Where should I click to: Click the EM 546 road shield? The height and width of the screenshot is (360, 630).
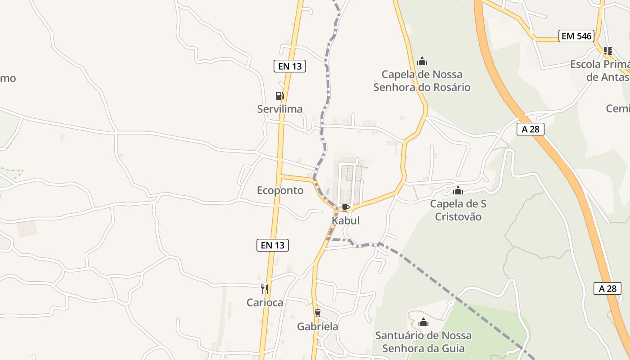coord(576,36)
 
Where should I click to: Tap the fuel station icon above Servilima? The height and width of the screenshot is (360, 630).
coord(279,96)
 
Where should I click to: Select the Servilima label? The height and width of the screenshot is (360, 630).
coord(280,109)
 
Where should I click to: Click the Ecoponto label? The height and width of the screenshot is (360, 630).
coord(280,190)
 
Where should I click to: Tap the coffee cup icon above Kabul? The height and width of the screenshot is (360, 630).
coord(345,207)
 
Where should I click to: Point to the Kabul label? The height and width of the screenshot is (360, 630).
coord(346,220)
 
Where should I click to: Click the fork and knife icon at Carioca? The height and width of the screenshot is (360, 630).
coord(265,289)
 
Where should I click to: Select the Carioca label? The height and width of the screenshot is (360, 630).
coord(265,302)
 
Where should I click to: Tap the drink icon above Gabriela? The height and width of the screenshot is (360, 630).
coord(318,313)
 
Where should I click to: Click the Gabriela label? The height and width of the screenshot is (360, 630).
coord(318,327)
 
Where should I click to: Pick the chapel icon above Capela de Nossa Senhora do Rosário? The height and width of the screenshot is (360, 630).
coord(422,61)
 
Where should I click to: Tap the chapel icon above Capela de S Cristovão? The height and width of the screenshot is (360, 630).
coord(458,190)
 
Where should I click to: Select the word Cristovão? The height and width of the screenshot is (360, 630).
coord(458,217)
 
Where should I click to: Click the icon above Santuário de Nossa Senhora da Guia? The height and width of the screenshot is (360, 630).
coord(423,322)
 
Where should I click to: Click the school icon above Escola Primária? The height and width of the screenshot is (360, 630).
coord(608,50)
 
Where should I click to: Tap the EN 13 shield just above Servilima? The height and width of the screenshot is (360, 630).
coord(290,66)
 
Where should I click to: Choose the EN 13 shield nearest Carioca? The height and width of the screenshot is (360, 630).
coord(272,245)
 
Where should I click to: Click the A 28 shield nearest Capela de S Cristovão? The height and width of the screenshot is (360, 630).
coord(530,130)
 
